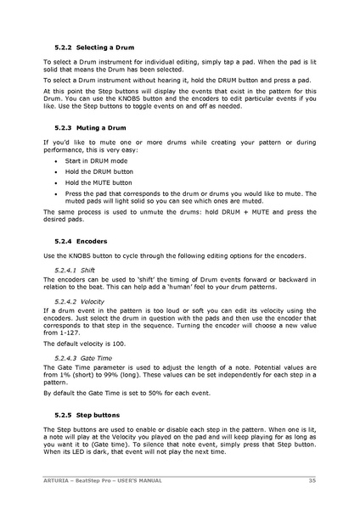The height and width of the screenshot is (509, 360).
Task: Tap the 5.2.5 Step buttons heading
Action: (82, 417)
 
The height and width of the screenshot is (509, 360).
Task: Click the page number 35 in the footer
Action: (312, 480)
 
